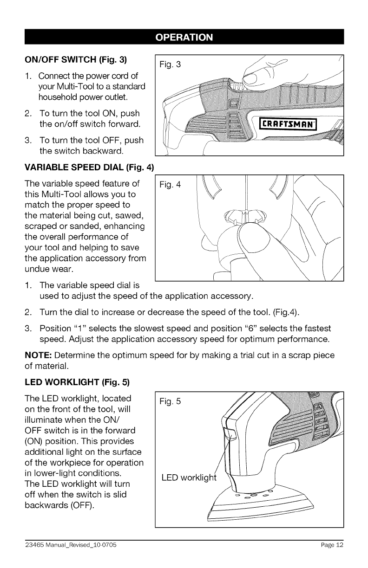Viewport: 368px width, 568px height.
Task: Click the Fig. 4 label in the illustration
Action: pyautogui.click(x=171, y=185)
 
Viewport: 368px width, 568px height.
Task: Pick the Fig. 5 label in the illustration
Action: pyautogui.click(x=171, y=402)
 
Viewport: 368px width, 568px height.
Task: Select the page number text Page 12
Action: pyautogui.click(x=332, y=545)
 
